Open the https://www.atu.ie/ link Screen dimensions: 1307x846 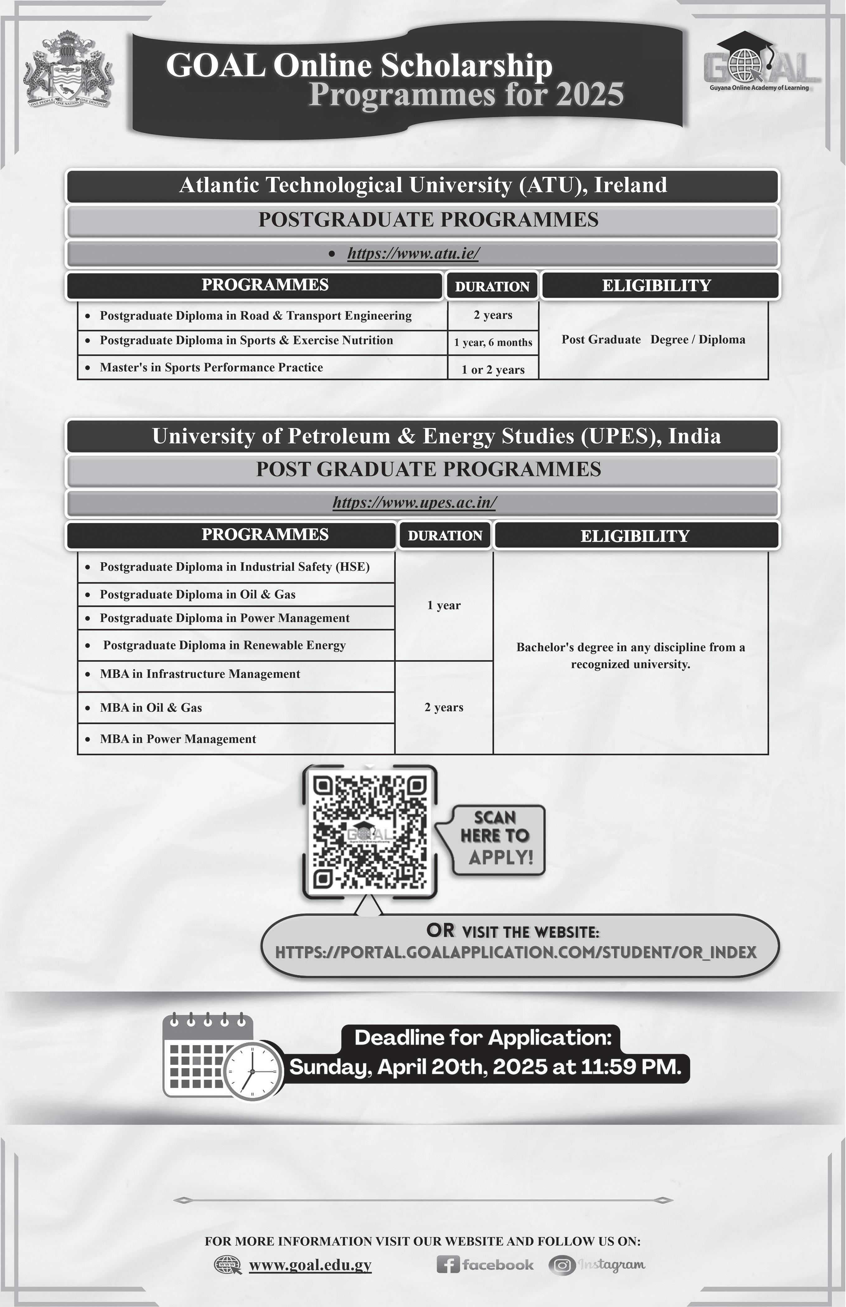click(x=413, y=253)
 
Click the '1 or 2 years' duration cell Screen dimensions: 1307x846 click(x=493, y=370)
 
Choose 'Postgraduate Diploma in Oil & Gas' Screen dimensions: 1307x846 click(x=197, y=594)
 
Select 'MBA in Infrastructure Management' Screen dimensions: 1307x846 click(x=200, y=674)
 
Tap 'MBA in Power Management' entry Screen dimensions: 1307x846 click(x=178, y=739)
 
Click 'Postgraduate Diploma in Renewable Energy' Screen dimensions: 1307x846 click(x=224, y=645)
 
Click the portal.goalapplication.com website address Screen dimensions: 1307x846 click(x=515, y=952)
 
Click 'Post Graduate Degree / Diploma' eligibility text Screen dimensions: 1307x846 click(x=653, y=340)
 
